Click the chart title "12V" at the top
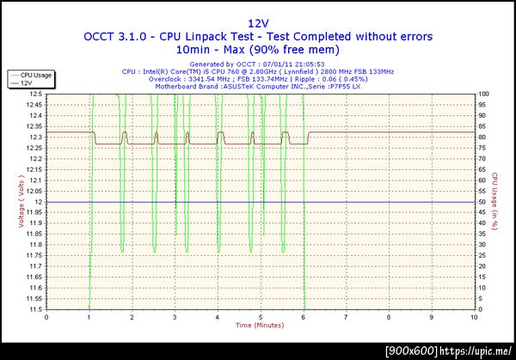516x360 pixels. tap(258, 23)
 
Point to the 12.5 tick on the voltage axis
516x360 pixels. tap(35, 94)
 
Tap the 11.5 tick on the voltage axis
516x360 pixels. tap(35, 309)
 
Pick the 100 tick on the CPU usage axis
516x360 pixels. tap(484, 94)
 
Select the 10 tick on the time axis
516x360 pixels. tap(475, 316)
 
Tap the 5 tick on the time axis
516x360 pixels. tap(261, 316)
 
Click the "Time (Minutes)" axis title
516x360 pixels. tap(260, 325)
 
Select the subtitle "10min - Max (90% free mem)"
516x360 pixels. tap(258, 49)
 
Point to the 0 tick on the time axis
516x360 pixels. tap(46, 316)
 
